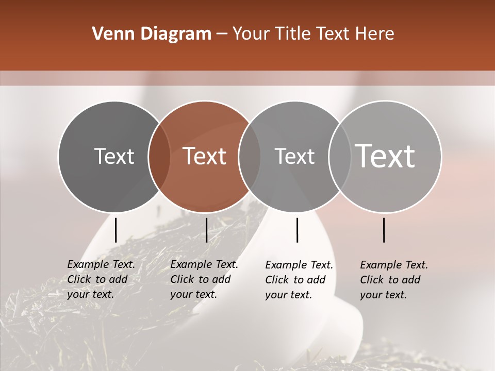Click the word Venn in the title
(112, 34)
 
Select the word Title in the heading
(294, 34)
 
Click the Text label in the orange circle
(205, 156)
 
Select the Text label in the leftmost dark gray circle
(114, 156)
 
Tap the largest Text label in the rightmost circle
(385, 156)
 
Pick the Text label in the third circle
(294, 156)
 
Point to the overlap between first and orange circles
(159, 156)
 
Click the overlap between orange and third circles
(250, 156)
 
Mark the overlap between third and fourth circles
(340, 156)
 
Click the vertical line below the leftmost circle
(115, 230)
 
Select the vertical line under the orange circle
(206, 230)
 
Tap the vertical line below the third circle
(297, 230)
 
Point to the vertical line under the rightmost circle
(384, 230)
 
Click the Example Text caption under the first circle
(101, 279)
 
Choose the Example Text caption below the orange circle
(204, 279)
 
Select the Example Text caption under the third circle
(299, 280)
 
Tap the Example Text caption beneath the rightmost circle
(393, 280)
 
